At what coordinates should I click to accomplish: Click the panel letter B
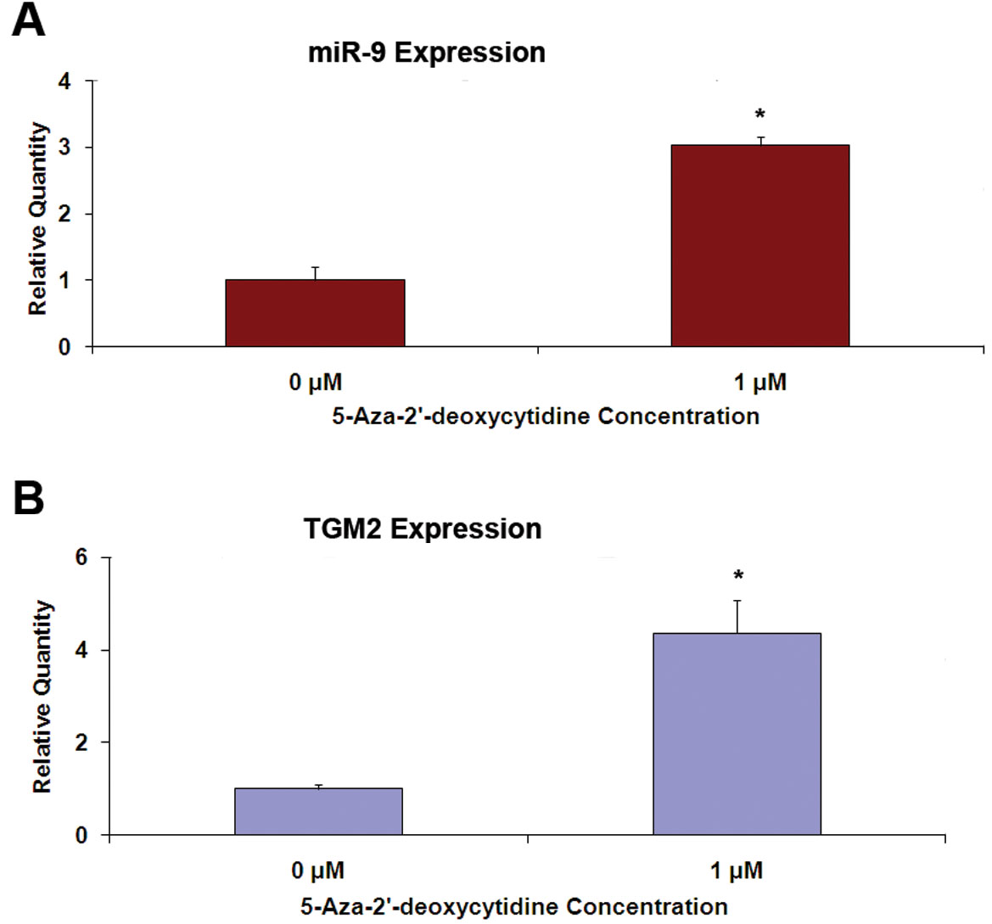point(29,498)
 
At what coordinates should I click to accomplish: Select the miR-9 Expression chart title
point(426,53)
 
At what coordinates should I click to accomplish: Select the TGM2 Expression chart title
point(423,529)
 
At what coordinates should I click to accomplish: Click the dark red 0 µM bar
point(315,313)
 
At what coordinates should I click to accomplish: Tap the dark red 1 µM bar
point(759,246)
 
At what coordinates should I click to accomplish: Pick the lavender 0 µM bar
point(318,812)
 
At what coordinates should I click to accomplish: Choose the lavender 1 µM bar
point(737,734)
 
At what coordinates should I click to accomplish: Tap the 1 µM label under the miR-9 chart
point(759,383)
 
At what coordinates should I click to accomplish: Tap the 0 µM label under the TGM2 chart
point(317,871)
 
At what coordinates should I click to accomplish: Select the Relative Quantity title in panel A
point(38,219)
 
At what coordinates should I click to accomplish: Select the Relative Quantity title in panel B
point(42,697)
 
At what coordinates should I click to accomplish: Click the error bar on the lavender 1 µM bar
point(737,616)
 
